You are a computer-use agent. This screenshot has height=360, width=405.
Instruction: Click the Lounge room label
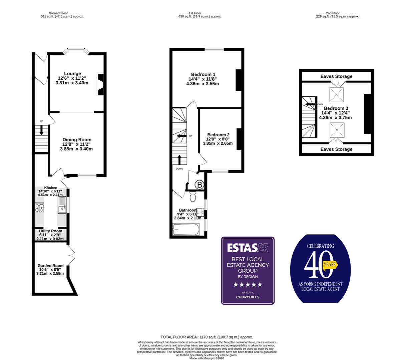tap(72, 74)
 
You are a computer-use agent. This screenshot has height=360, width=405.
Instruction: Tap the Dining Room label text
tap(77, 140)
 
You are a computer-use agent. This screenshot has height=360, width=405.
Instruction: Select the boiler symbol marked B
tap(199, 185)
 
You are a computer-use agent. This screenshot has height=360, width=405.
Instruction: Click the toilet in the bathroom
tap(193, 196)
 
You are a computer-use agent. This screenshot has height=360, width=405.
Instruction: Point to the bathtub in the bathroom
tap(186, 229)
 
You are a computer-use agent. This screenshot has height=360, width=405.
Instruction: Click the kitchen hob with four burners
tap(40, 208)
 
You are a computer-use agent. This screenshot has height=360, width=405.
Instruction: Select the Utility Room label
tap(50, 231)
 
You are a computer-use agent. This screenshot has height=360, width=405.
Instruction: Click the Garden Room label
tap(50, 266)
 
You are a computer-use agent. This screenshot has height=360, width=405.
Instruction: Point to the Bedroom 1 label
tap(203, 74)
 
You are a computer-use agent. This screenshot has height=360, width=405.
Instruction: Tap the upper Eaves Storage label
tap(336, 76)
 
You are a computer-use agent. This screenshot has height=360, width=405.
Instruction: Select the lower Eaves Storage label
tap(336, 149)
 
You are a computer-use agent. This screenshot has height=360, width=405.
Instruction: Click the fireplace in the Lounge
tap(100, 85)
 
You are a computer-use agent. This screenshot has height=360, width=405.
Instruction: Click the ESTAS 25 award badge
tap(248, 270)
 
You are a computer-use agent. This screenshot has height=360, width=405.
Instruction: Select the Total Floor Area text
tap(207, 337)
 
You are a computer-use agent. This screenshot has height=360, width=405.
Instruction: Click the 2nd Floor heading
tap(338, 13)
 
